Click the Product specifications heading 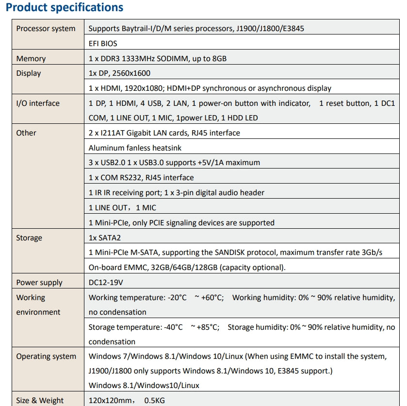click(x=65, y=8)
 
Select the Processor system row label click(x=46, y=29)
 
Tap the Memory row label click(x=31, y=59)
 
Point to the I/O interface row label click(x=38, y=103)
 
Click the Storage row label click(x=29, y=238)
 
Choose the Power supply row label click(x=39, y=283)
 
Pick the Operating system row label click(x=46, y=356)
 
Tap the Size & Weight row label click(x=40, y=401)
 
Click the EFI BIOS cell click(x=103, y=44)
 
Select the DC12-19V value click(x=107, y=283)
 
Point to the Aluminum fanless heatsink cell click(x=135, y=148)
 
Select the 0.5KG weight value click(x=155, y=401)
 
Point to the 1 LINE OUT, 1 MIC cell click(x=122, y=208)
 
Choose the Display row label click(x=29, y=73)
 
